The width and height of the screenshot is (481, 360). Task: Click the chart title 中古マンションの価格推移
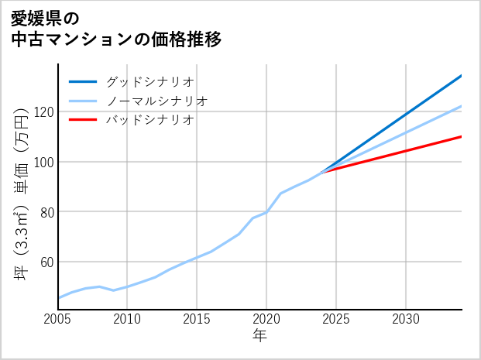[116, 39]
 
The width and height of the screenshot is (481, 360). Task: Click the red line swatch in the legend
[83, 120]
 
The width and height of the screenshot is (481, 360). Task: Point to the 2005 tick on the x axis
[58, 319]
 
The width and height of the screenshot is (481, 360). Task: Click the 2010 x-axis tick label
[127, 319]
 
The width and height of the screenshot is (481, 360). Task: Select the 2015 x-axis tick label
[197, 319]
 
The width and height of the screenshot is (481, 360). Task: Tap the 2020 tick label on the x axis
[266, 319]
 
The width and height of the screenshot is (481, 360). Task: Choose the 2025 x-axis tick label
[336, 319]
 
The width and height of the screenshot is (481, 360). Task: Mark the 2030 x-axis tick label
[406, 319]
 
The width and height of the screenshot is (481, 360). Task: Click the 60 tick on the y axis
[46, 262]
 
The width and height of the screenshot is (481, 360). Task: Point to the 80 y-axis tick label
[46, 211]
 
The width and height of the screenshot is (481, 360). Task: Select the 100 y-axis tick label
[43, 162]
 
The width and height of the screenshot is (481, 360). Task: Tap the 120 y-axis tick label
[43, 112]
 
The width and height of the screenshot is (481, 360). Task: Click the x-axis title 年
[259, 336]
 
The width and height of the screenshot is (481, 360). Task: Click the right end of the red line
[461, 137]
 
